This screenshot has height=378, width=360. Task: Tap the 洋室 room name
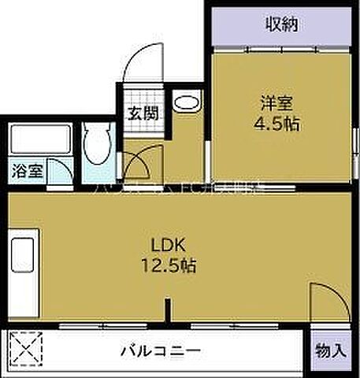click(x=280, y=102)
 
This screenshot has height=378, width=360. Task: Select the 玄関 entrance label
click(x=143, y=113)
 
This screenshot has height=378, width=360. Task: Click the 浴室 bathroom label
click(x=28, y=169)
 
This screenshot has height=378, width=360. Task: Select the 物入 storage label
click(x=330, y=349)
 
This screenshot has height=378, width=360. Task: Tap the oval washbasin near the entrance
click(x=187, y=102)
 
